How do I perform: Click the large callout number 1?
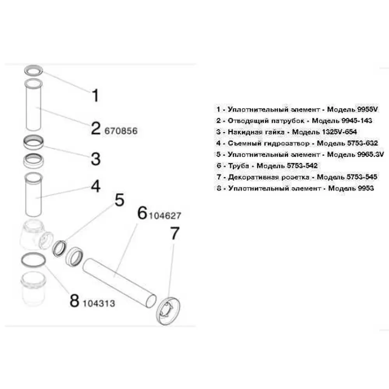96,96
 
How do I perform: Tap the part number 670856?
121,131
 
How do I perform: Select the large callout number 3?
96,159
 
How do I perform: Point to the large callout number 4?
96,186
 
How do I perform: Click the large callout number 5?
119,200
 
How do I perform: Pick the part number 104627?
165,216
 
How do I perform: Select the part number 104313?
99,303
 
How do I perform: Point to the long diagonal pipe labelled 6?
119,283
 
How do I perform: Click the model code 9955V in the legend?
368,109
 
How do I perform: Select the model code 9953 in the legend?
365,188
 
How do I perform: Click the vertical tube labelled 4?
33,195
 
